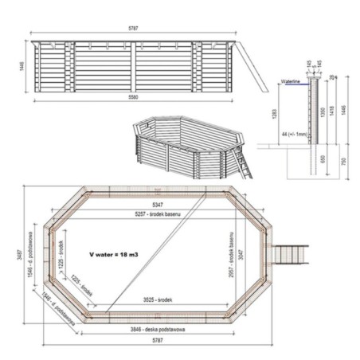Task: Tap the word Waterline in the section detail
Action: click(294, 81)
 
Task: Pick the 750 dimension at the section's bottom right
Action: click(343, 163)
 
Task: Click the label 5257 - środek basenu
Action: click(159, 216)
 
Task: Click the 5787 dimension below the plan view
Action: click(158, 341)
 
